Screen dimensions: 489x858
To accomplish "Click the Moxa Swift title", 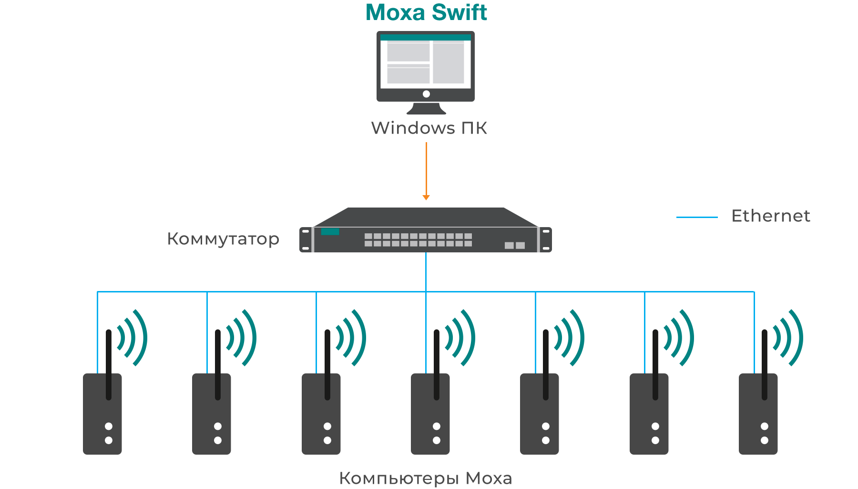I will [426, 12].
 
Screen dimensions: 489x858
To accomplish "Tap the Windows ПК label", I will [429, 128].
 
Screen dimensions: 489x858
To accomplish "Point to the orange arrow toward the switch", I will [426, 172].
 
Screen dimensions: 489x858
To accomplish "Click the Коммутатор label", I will [223, 239].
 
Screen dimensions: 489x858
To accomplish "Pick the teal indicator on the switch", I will [330, 232].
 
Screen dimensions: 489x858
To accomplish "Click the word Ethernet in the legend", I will [770, 216].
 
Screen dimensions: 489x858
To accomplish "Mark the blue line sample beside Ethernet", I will [697, 217].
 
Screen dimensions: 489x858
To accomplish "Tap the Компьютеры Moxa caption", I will [425, 478].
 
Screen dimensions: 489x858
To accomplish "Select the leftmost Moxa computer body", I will [102, 420].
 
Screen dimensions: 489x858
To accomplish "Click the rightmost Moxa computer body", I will [758, 420].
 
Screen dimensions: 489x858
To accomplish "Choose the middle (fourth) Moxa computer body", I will [430, 420].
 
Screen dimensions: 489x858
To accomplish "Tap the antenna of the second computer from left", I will [218, 363].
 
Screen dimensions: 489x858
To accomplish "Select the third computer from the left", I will [321, 420].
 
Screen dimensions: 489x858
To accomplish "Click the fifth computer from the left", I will [539, 420].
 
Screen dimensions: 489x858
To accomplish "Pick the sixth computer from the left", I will [649, 420].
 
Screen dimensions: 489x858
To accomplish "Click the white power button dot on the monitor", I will [426, 94].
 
